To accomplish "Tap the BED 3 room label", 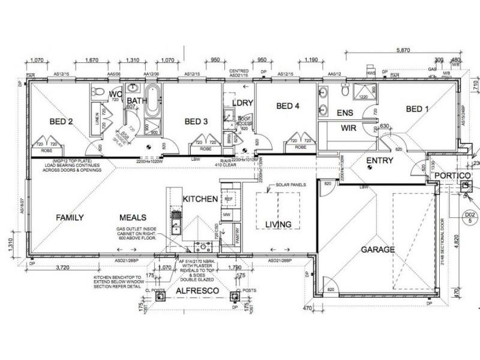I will click(196, 122).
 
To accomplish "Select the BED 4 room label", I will click(288, 107).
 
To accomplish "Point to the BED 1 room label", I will click(418, 109).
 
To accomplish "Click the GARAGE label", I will click(377, 249).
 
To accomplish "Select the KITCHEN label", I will click(200, 199).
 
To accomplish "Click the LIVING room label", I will click(278, 224).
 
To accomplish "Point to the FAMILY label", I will click(70, 217).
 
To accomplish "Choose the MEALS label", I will click(133, 217).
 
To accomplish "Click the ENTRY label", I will click(379, 160).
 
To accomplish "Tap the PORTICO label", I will click(452, 175).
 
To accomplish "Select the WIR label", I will click(349, 128).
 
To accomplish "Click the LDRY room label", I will click(242, 103).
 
